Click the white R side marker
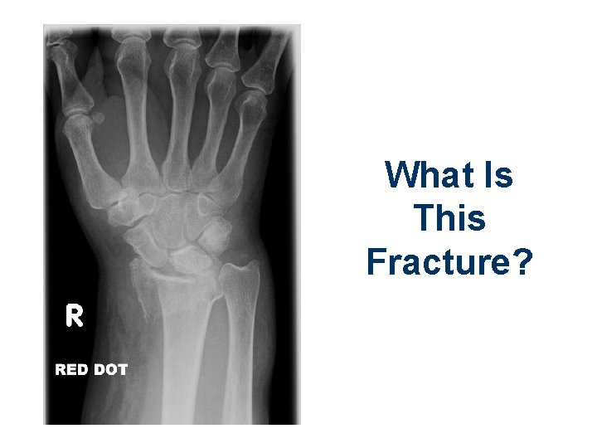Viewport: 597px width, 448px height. click(74, 315)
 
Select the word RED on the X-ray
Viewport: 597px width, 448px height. click(72, 369)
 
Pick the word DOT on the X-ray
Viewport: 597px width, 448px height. click(110, 369)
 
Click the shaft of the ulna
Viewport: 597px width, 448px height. click(240, 348)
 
